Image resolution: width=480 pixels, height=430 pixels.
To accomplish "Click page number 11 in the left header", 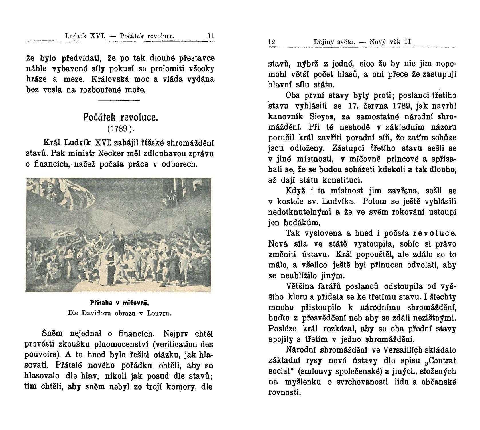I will [211, 36].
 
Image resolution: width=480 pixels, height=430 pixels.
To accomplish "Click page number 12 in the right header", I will [272, 42].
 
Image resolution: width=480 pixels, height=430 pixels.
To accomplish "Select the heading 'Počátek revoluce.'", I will [120, 117].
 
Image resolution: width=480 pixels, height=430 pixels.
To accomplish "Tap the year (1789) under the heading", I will [119, 129].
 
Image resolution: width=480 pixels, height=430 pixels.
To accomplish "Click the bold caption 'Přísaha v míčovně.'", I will [120, 303].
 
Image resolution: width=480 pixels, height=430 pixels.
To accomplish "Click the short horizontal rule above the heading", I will [119, 101].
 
